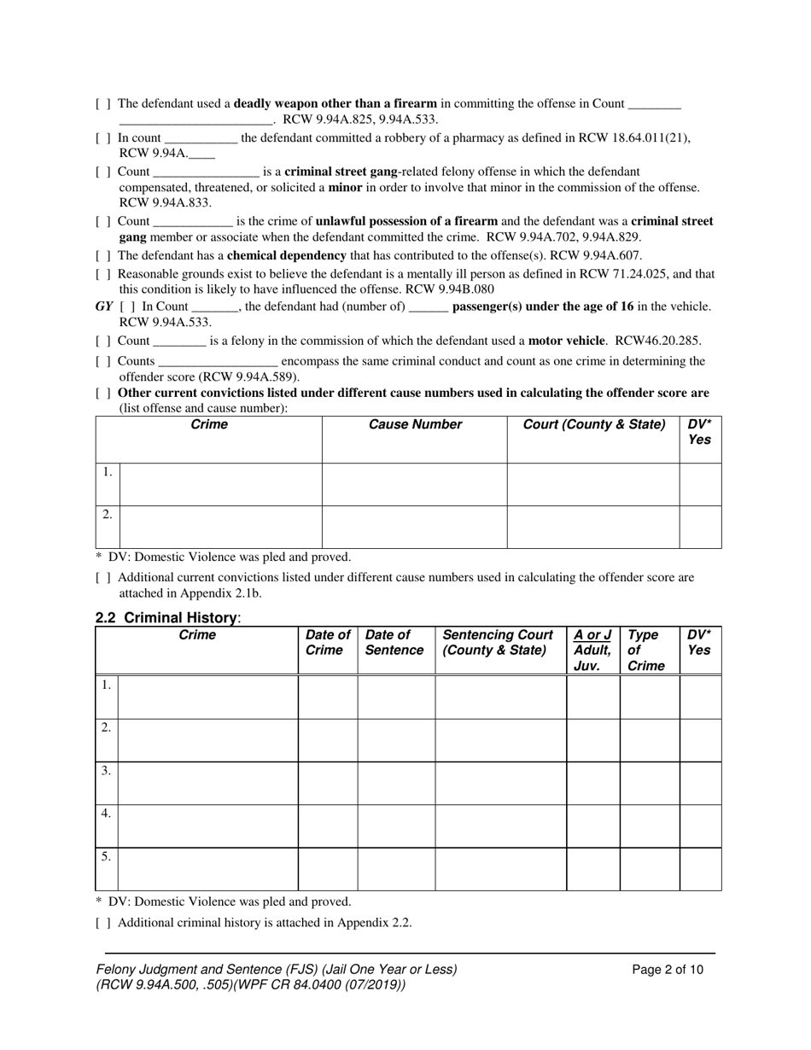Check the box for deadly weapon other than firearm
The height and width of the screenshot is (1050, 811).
[102, 104]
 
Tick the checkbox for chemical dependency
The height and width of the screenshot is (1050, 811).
[102, 256]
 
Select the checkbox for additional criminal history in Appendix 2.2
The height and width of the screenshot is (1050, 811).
[102, 923]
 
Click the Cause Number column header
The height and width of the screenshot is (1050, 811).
[415, 425]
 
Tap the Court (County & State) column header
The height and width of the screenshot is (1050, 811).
[594, 425]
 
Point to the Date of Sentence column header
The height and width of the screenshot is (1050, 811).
[394, 643]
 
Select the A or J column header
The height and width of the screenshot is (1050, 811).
[592, 650]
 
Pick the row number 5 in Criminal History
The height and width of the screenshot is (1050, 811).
[106, 856]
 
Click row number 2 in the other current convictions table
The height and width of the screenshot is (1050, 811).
[107, 514]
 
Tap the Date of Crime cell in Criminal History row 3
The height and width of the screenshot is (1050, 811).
[328, 783]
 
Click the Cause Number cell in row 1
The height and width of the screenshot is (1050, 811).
[414, 484]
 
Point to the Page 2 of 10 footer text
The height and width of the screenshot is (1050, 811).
[668, 969]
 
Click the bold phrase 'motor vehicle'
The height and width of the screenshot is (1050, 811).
[566, 341]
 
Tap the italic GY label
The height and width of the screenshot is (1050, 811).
[104, 306]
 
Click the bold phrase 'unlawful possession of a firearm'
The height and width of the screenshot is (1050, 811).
[406, 221]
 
